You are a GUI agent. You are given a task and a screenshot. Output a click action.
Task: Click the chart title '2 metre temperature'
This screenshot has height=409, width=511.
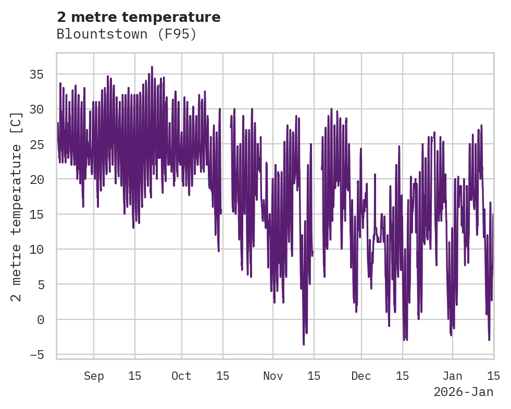(x=139, y=17)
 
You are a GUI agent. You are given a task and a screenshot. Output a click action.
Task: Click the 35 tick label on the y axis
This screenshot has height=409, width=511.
(x=36, y=75)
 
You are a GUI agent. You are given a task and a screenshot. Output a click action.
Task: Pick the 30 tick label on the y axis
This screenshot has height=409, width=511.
(x=36, y=109)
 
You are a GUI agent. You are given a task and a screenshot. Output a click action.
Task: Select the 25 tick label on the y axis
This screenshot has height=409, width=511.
(x=36, y=144)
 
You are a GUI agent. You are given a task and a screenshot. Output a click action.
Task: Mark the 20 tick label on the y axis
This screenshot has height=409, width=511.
(x=36, y=179)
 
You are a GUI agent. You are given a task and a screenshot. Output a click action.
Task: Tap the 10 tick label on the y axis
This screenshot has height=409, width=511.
(x=36, y=249)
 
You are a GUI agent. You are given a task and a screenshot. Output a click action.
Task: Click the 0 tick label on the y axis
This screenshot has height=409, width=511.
(x=41, y=319)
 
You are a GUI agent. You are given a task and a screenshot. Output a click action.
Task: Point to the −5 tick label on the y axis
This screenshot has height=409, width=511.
(x=36, y=354)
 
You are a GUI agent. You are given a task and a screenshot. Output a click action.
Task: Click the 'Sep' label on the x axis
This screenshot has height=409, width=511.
(x=94, y=376)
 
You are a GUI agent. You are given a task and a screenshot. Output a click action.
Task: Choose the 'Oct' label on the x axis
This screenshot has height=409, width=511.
(x=182, y=376)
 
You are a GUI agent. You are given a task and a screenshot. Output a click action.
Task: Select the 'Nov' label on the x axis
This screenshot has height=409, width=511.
(x=273, y=376)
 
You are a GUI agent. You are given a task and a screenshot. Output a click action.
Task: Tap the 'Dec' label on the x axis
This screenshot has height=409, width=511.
(x=361, y=376)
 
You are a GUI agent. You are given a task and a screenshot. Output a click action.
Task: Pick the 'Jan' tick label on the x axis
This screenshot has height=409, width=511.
(x=452, y=376)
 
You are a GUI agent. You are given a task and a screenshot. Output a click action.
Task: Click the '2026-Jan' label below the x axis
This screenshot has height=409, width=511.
(x=463, y=392)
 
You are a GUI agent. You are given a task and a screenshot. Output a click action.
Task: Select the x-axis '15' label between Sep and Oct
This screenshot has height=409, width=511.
(x=134, y=376)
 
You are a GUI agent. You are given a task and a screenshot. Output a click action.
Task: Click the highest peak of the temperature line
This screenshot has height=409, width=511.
(x=152, y=67)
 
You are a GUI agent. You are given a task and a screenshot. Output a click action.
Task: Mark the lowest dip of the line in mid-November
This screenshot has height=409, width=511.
(x=304, y=344)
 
